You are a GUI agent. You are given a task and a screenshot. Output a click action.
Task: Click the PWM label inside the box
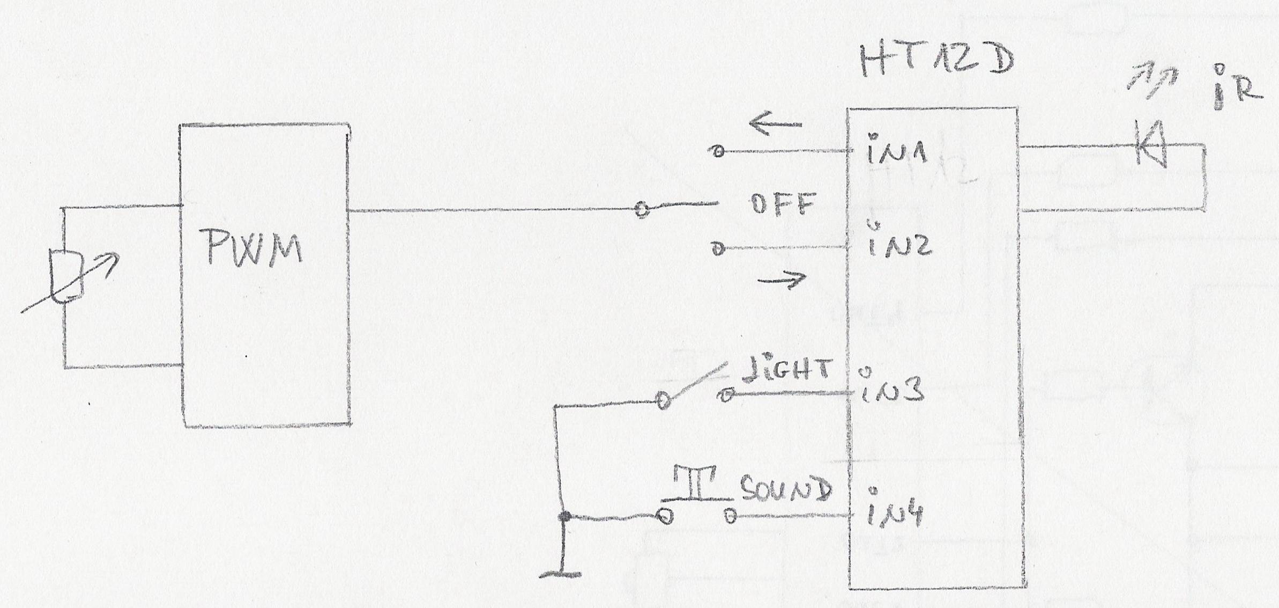coord(254,247)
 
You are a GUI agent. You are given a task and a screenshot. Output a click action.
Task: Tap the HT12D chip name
coord(936,60)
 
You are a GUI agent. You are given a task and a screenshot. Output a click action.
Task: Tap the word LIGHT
coord(786,371)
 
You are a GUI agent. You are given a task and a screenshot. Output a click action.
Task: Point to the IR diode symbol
coord(1151,144)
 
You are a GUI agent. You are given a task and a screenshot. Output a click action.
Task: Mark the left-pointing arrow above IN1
coord(775,124)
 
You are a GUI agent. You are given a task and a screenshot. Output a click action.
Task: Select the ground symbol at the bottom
coord(561,574)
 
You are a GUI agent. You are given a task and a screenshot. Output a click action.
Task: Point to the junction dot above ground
coord(563,517)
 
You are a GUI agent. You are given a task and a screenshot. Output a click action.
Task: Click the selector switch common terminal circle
coord(641,209)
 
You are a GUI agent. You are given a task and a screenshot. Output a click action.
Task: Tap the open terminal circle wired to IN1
coord(718,152)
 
